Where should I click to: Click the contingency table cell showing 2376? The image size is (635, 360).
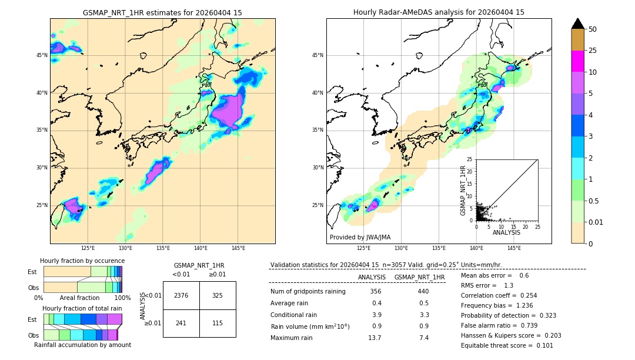(x=181, y=295)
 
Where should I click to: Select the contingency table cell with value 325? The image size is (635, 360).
(x=218, y=295)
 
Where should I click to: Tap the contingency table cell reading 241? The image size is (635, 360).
(x=181, y=323)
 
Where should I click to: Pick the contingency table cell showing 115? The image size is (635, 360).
(x=218, y=323)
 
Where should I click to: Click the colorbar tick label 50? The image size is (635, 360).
(x=593, y=29)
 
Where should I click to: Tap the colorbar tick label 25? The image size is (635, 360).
(x=593, y=51)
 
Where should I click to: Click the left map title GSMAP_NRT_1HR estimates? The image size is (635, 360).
(x=162, y=12)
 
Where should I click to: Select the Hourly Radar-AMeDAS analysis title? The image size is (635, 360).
(x=439, y=12)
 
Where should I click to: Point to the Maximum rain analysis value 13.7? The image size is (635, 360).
(x=375, y=338)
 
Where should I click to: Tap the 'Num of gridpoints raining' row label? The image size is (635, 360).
(x=308, y=292)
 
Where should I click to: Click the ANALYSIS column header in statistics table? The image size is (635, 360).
(x=372, y=277)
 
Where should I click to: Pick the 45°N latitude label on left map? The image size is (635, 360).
(x=42, y=55)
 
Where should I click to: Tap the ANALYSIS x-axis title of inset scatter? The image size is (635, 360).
(x=506, y=232)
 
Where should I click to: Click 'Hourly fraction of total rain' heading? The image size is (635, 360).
(x=82, y=308)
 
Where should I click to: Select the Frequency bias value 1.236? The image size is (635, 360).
(x=516, y=305)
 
